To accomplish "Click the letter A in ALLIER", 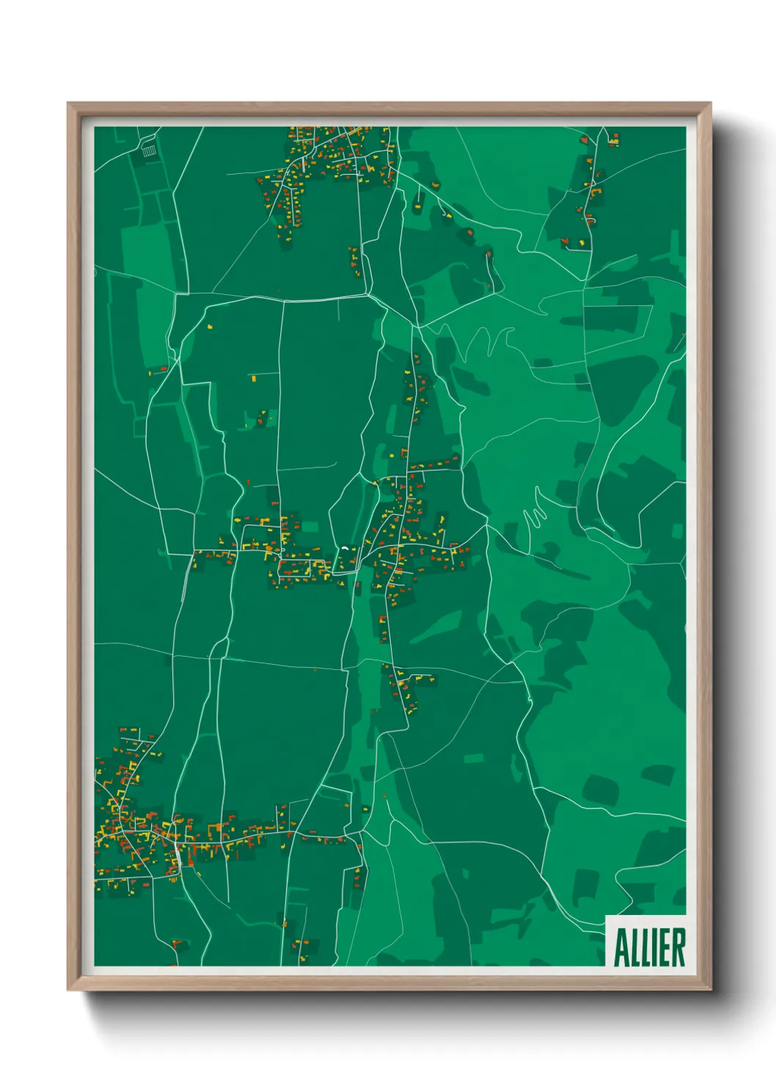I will pyautogui.click(x=621, y=948).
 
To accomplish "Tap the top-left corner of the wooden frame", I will pyautogui.click(x=69, y=104).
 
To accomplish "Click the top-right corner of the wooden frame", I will pyautogui.click(x=709, y=104).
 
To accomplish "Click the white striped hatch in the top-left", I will pyautogui.click(x=149, y=151).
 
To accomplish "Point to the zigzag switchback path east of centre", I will pyautogui.click(x=535, y=514).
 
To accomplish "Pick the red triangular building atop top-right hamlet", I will pyautogui.click(x=585, y=139).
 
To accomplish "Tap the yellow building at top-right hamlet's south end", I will pyautogui.click(x=582, y=241).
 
